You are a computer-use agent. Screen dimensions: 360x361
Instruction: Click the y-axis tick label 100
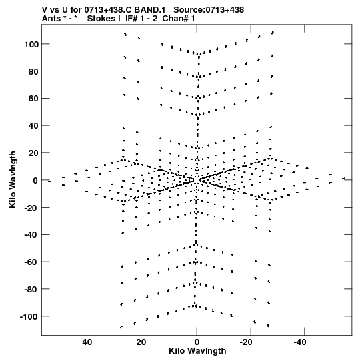point(31,44)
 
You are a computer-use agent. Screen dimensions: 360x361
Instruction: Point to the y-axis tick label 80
point(33,71)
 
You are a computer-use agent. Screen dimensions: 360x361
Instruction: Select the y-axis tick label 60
point(33,99)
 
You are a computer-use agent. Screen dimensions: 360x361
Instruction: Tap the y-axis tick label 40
point(33,126)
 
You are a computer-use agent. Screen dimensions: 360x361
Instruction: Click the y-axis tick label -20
point(31,208)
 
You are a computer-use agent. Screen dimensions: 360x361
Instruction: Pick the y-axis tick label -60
point(31,262)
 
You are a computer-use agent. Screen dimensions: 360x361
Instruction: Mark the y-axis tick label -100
point(29,316)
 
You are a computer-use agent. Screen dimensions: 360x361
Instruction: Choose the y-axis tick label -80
point(31,289)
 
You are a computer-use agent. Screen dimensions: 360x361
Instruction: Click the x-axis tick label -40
point(300,342)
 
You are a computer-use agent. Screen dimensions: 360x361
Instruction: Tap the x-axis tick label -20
point(246,342)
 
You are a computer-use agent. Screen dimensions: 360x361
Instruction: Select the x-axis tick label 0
point(197,342)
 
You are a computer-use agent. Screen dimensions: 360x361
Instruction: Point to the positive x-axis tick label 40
point(87,342)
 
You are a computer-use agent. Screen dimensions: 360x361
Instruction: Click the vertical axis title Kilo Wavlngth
point(13,179)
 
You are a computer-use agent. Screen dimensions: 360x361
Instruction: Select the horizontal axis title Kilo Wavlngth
point(197,351)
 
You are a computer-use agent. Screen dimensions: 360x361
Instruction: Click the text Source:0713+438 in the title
point(209,10)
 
